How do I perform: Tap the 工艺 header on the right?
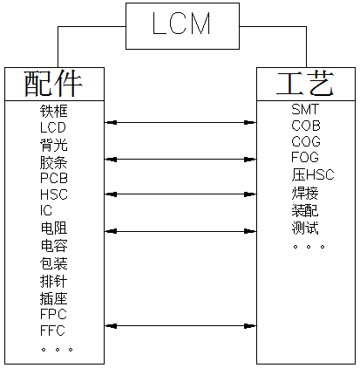point(304,84)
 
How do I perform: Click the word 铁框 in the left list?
point(53,111)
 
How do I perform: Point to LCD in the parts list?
point(53,127)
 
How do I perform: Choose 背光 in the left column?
point(53,144)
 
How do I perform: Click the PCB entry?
point(53,178)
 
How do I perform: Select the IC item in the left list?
point(46,211)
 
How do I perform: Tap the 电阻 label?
point(53,228)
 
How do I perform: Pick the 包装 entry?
point(53,262)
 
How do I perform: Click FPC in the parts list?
point(53,313)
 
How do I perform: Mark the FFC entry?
point(53,330)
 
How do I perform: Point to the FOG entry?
point(306,158)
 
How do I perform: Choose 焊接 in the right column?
point(305,193)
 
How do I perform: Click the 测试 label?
point(305,228)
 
